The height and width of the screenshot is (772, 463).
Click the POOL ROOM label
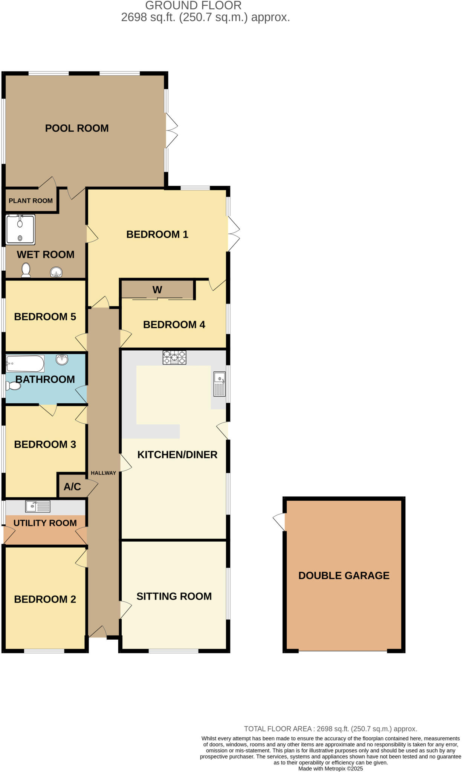click(x=77, y=128)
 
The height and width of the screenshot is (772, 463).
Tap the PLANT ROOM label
click(x=31, y=201)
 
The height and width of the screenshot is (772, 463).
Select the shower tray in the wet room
click(x=20, y=229)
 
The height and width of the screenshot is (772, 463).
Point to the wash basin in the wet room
click(x=56, y=272)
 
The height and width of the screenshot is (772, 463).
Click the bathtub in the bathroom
click(x=25, y=364)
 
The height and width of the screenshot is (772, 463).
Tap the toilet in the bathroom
click(x=13, y=386)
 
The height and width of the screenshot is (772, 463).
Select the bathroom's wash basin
click(x=62, y=360)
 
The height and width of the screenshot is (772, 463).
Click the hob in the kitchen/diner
click(x=174, y=357)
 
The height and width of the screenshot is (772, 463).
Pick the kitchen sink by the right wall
click(x=219, y=384)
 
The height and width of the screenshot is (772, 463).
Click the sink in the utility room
click(x=37, y=506)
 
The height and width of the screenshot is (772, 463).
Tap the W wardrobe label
click(x=157, y=290)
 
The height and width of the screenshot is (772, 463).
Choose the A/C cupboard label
click(x=72, y=487)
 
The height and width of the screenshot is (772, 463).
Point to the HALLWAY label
click(x=103, y=473)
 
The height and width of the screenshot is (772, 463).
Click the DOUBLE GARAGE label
click(x=344, y=576)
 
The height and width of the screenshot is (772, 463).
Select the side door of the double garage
click(x=280, y=522)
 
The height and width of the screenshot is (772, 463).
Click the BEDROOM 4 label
click(x=174, y=325)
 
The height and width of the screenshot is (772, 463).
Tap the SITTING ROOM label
click(x=174, y=596)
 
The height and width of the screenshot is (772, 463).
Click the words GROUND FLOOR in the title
click(x=193, y=6)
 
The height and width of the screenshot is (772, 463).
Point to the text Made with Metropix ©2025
click(x=330, y=769)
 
